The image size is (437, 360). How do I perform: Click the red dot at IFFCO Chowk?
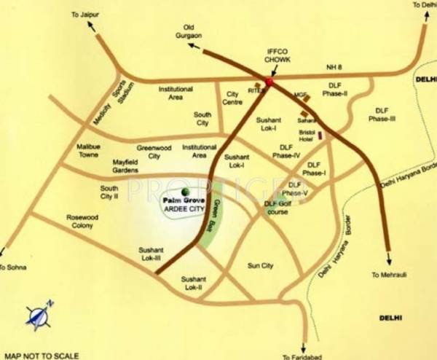click(268, 82)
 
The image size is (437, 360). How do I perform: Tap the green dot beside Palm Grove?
click(184, 192)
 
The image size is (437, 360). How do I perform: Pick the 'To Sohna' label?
click(14, 268)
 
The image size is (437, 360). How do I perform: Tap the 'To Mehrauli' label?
click(387, 275)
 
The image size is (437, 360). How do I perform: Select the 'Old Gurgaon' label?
click(188, 34)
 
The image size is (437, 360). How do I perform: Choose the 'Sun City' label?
click(260, 266)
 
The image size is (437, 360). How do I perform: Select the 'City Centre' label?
click(234, 98)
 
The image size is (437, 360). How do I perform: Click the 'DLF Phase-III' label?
click(382, 114)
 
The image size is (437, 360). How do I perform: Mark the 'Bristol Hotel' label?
click(307, 136)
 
